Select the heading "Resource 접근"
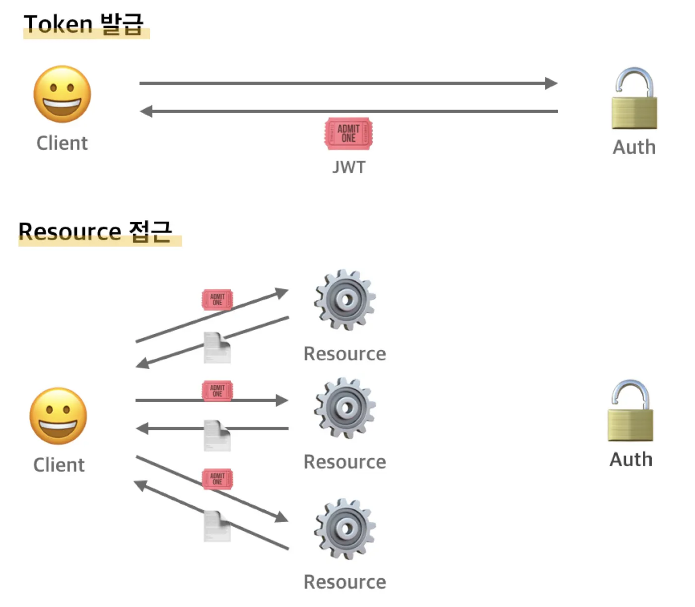click(95, 231)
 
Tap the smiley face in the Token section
click(63, 94)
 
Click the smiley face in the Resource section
click(59, 416)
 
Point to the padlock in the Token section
click(634, 99)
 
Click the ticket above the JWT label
click(348, 134)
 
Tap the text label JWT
click(348, 167)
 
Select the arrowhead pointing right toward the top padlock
click(551, 83)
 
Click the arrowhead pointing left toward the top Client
click(146, 111)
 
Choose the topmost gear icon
click(345, 300)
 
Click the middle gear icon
click(345, 408)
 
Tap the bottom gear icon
click(345, 529)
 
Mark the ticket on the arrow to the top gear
click(217, 300)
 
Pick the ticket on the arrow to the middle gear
click(217, 391)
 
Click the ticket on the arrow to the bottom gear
click(217, 479)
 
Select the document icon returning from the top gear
click(217, 348)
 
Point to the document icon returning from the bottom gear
click(217, 526)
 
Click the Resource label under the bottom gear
click(345, 582)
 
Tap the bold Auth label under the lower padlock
click(631, 460)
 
